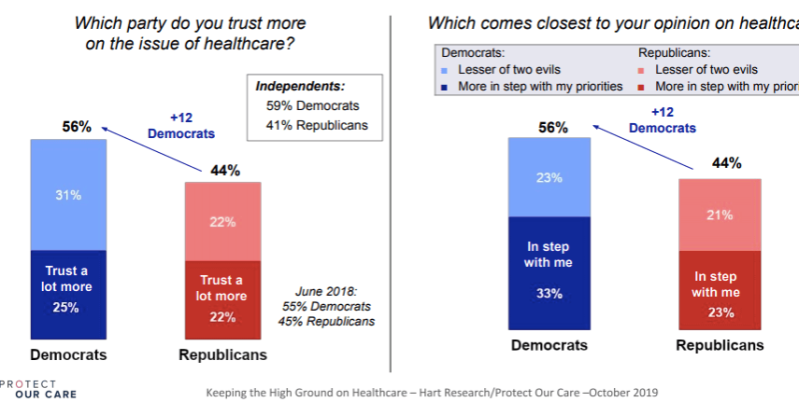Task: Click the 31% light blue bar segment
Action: [68, 195]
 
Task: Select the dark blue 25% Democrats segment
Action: [68, 294]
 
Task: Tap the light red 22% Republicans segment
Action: [223, 221]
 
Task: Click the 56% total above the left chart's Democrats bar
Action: [76, 127]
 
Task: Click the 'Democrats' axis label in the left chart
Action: [67, 355]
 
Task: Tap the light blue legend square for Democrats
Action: [443, 69]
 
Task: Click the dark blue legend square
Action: [443, 87]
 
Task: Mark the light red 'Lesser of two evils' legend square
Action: [643, 69]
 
